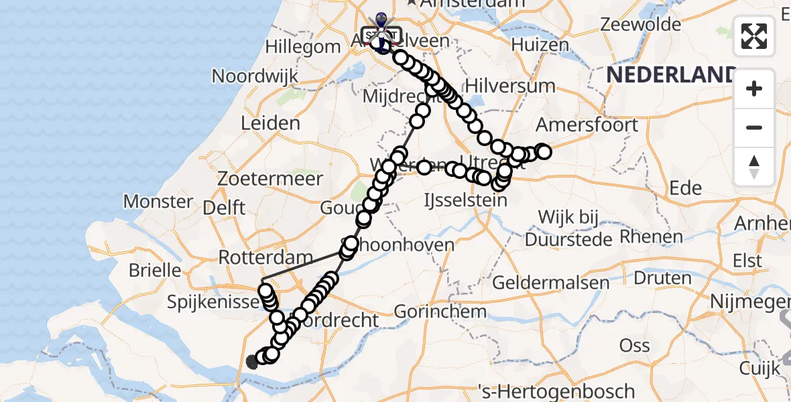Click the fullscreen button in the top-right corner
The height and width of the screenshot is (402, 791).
coord(754,36)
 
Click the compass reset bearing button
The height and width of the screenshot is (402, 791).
coord(754,167)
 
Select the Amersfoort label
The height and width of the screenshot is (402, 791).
coord(587,125)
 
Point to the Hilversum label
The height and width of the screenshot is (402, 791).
coord(501,86)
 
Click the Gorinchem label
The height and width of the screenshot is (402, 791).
coord(440,312)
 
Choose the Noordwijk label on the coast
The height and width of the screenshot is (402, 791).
coord(255,76)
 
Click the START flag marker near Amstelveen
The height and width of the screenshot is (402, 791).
coord(381,33)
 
